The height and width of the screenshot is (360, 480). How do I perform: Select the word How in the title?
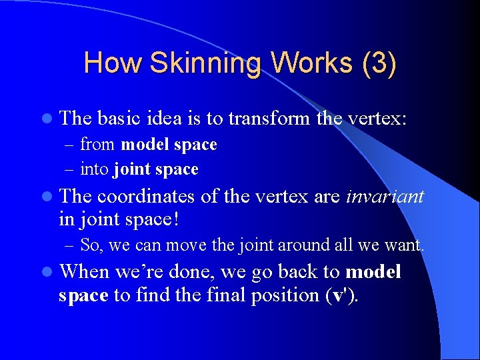click(113, 63)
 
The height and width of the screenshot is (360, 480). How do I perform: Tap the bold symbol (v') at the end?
click(341, 295)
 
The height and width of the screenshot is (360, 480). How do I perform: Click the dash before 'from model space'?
click(71, 145)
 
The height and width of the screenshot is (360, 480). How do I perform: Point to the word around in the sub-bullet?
click(295, 245)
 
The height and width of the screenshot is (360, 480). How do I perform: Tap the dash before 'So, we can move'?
click(71, 245)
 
